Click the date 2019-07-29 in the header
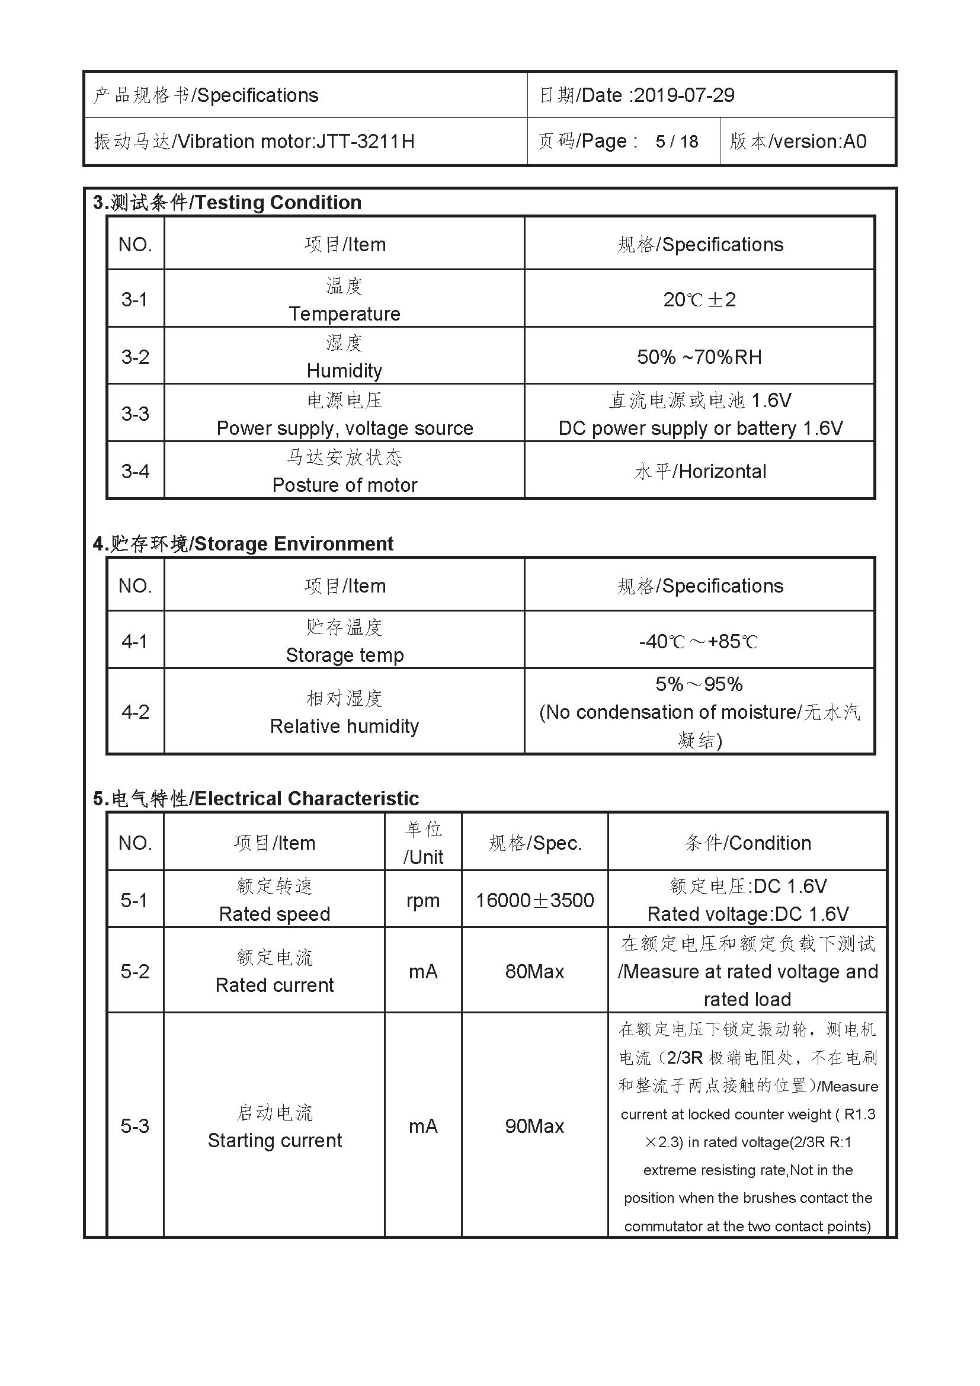[x=684, y=95]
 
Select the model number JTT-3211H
[x=365, y=141]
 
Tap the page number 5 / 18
[x=677, y=141]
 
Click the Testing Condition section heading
[x=227, y=202]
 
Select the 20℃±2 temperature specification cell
[x=699, y=299]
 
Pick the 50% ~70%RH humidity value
[x=699, y=357]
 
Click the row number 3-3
[x=135, y=414]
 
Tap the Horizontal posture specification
[x=722, y=472]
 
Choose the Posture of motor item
[x=345, y=485]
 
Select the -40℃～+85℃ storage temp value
[x=699, y=641]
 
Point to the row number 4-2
[x=135, y=712]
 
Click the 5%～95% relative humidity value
[x=699, y=684]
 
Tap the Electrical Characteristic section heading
[x=255, y=798]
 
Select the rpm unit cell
[x=423, y=900]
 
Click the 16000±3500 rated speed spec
[x=534, y=900]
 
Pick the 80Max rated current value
[x=534, y=971]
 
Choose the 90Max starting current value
[x=534, y=1126]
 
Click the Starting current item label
[x=274, y=1140]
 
